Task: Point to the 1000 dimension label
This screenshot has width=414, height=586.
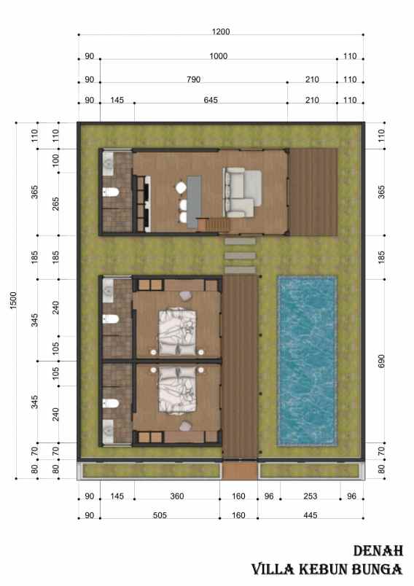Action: click(x=218, y=56)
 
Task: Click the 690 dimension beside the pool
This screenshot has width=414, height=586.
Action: click(x=381, y=361)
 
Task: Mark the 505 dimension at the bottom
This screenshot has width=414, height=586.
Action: click(x=160, y=517)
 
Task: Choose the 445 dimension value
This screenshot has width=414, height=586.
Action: click(x=310, y=517)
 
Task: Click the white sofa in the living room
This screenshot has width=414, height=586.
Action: click(x=241, y=192)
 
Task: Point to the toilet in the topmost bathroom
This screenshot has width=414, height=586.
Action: click(x=111, y=193)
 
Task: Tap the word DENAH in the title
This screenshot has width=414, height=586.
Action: click(x=378, y=551)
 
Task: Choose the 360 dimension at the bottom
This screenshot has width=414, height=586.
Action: click(x=176, y=496)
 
